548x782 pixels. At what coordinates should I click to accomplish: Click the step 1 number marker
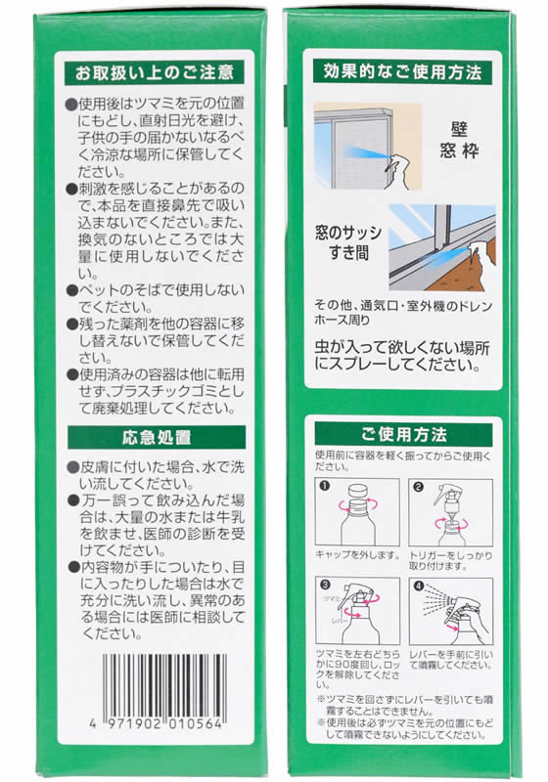click(x=326, y=486)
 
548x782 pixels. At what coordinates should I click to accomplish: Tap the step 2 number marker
click(x=416, y=486)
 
